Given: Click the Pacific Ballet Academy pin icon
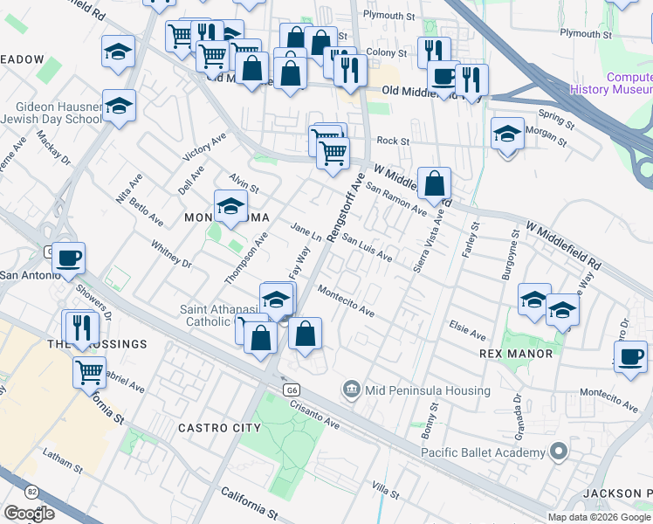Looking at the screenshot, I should tap(560, 452).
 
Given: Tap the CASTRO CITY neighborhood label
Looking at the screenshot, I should tap(219, 428).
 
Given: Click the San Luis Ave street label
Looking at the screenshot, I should tap(367, 246).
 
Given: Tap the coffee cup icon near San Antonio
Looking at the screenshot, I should tap(68, 259).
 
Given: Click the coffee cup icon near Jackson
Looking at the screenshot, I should tap(630, 356).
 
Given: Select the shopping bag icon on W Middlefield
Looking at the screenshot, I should tap(434, 184).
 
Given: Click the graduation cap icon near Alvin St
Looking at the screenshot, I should tap(231, 207).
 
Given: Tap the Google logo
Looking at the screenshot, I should tap(29, 514).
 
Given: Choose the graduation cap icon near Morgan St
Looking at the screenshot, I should tap(507, 134).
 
